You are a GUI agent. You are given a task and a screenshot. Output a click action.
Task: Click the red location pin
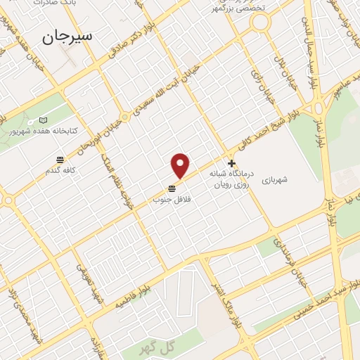pyautogui.click(x=181, y=165)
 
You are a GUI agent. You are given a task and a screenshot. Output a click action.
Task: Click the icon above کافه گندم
pyautogui.click(x=60, y=159)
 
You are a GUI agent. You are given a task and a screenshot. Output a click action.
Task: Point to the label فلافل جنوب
pyautogui.click(x=172, y=200)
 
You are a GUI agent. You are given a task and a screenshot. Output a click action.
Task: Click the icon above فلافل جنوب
pyautogui.click(x=172, y=188)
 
